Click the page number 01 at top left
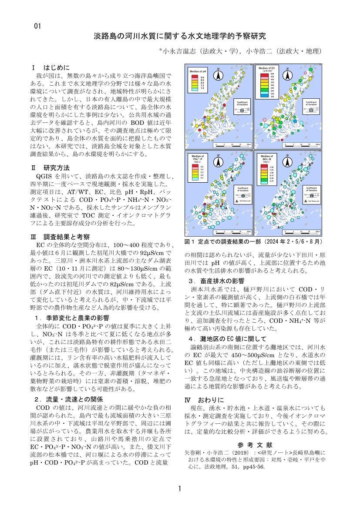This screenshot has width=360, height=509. click(x=37, y=26)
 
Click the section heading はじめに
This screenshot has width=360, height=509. click(x=56, y=68)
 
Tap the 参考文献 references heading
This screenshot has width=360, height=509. click(x=256, y=445)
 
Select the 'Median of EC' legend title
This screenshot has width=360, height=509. click(x=266, y=68)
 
